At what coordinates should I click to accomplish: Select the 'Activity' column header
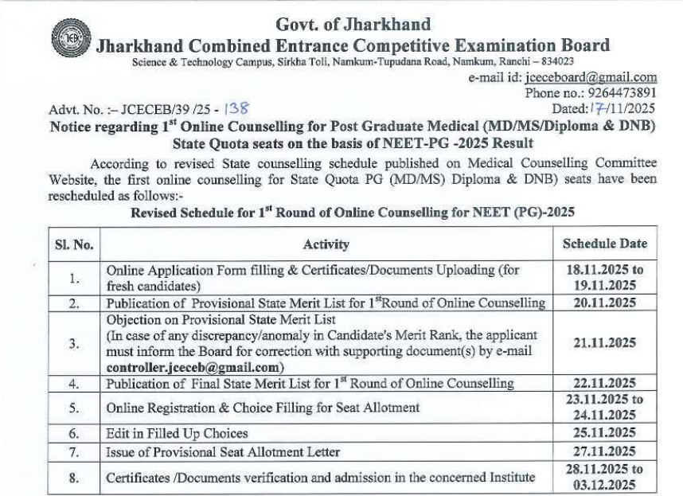coord(326,244)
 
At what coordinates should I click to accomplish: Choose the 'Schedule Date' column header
coord(604,244)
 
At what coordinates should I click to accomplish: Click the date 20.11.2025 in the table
coord(604,303)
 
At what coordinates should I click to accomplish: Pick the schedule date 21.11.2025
coord(604,342)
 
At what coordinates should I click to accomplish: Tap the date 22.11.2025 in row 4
coord(604,383)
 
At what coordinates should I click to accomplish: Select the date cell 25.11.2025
coord(604,433)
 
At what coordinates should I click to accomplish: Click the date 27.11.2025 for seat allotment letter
coord(604,453)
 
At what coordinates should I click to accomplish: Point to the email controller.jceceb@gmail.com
coord(195,367)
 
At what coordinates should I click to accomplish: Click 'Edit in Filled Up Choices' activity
coord(177,434)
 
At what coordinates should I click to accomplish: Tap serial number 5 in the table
coord(73,408)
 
